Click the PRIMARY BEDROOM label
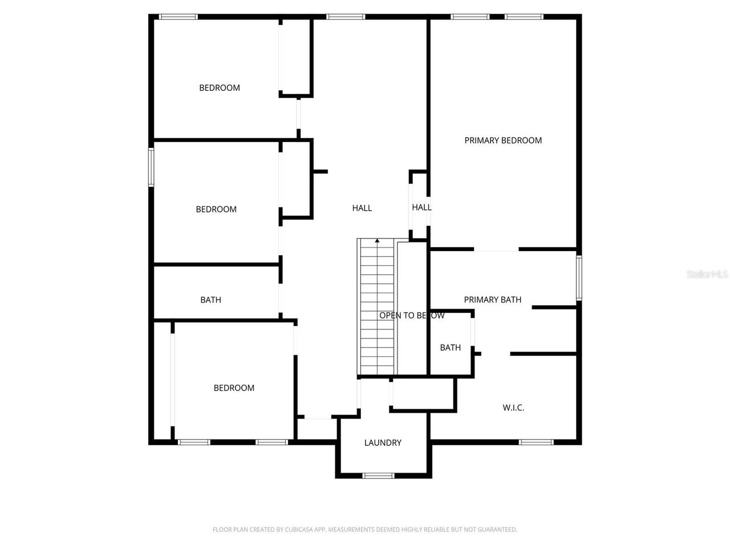pyautogui.click(x=503, y=140)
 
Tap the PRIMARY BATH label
pyautogui.click(x=492, y=300)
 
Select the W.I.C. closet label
pyautogui.click(x=513, y=408)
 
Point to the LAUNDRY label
pyautogui.click(x=383, y=443)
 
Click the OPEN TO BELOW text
pyautogui.click(x=412, y=316)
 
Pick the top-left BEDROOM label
pyautogui.click(x=220, y=88)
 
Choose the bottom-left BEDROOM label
pyautogui.click(x=234, y=388)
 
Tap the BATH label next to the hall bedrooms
pyautogui.click(x=210, y=300)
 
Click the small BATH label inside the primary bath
pyautogui.click(x=450, y=348)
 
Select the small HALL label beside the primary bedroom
pyautogui.click(x=421, y=208)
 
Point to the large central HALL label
pyautogui.click(x=362, y=208)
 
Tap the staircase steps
pyautogui.click(x=377, y=308)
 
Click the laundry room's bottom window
pyautogui.click(x=379, y=475)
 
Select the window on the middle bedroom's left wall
pyautogui.click(x=151, y=167)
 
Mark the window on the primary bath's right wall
pyautogui.click(x=578, y=278)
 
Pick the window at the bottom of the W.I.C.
pyautogui.click(x=536, y=442)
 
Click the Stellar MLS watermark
pyautogui.click(x=707, y=275)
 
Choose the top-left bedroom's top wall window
pyautogui.click(x=178, y=17)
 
